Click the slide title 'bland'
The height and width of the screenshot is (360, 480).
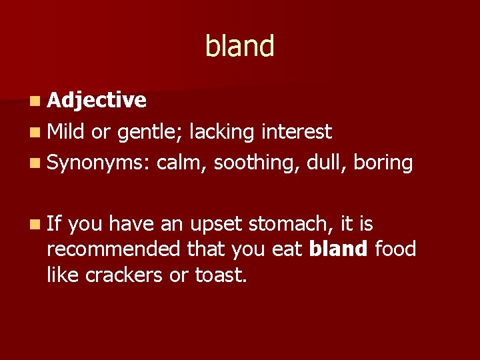point(239,46)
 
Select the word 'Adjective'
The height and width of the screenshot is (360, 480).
point(97,100)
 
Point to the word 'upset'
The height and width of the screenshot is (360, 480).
point(219,224)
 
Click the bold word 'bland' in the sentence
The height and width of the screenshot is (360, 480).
point(339,249)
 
